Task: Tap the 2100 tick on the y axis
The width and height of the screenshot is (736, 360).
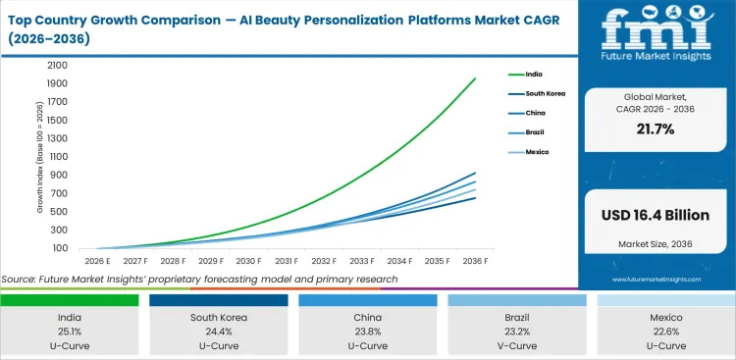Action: click(x=56, y=64)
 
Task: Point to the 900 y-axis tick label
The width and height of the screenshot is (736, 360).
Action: click(x=59, y=175)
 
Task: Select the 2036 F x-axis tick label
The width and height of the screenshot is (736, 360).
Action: click(x=476, y=261)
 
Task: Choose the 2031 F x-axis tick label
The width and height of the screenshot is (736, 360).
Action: click(x=286, y=261)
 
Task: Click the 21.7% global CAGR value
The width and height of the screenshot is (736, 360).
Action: click(x=656, y=129)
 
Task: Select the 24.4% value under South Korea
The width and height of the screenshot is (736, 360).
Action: click(x=220, y=333)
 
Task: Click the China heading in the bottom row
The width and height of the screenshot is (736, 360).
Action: click(x=367, y=317)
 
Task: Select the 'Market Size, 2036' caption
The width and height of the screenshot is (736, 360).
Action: click(x=656, y=242)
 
